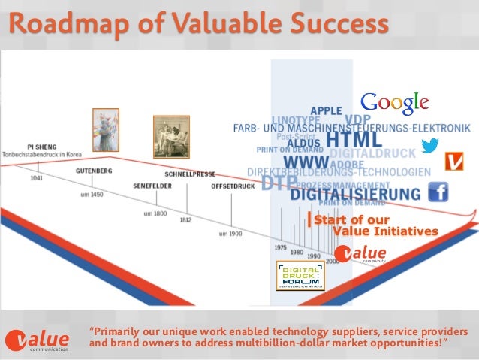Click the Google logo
[395, 103]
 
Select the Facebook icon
[438, 192]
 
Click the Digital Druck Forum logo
[300, 275]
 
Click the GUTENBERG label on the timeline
[94, 171]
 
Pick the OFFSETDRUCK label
[233, 185]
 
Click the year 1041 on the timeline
[37, 179]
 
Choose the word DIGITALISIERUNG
[355, 194]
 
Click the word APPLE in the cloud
[326, 111]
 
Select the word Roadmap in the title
[50, 24]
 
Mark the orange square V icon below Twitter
[454, 161]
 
